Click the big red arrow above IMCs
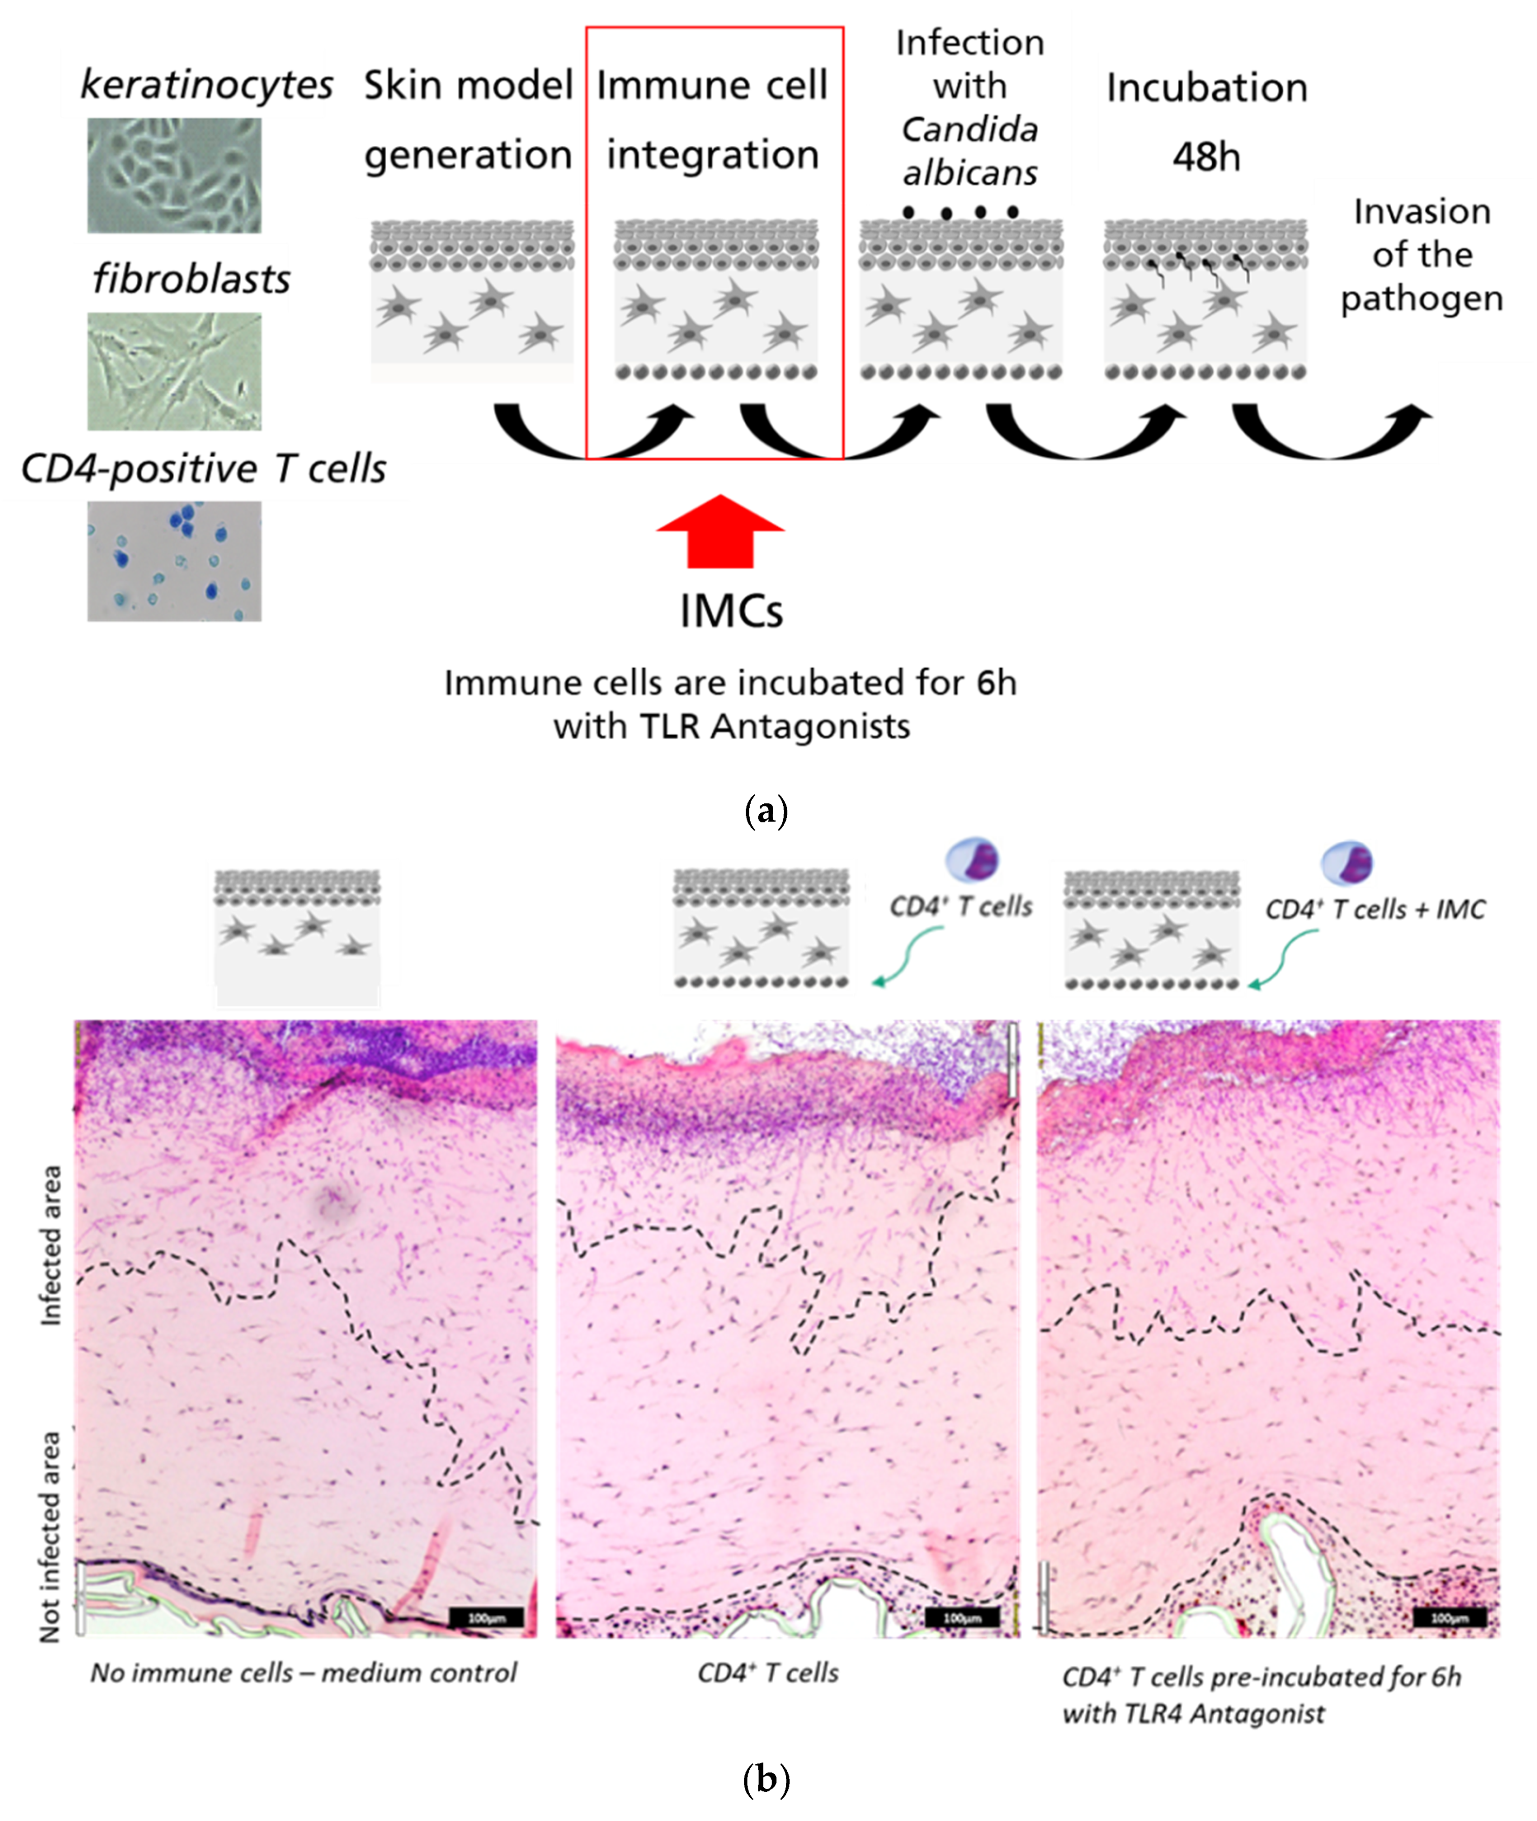720,532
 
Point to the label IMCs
731,612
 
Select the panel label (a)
767,811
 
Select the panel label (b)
767,1779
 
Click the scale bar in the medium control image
486,1618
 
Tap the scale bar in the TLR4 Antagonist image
1449,1618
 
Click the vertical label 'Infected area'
51,1246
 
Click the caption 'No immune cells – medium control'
303,1673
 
